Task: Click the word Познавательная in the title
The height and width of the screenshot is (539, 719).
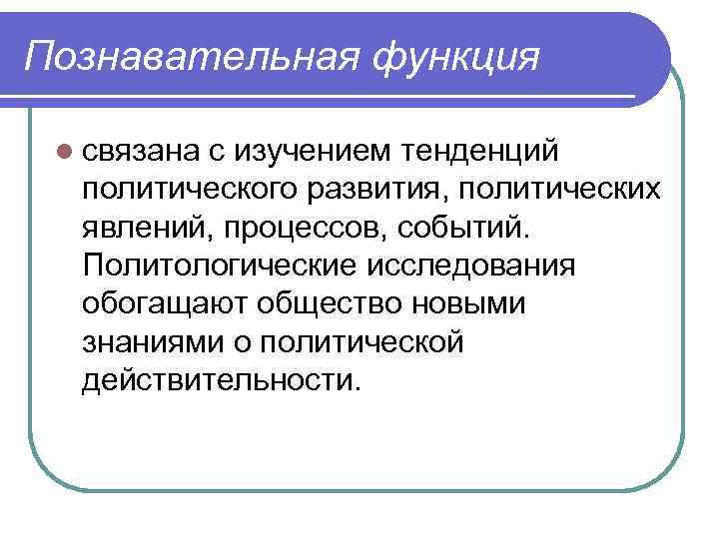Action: point(185,55)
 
